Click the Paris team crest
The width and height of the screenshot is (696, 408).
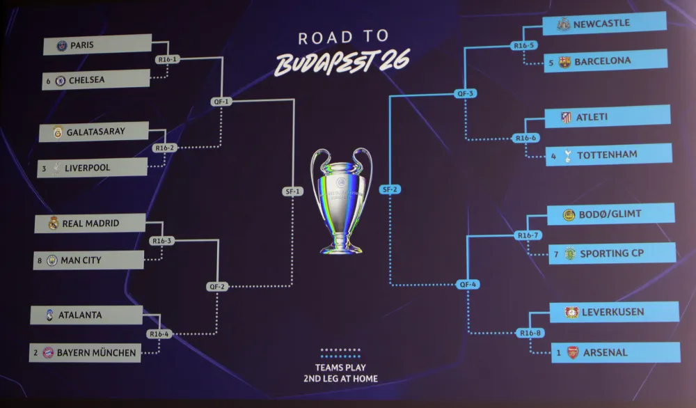[x=62, y=46]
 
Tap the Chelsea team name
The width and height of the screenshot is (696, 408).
[x=87, y=80]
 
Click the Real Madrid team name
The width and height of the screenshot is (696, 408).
[x=90, y=223]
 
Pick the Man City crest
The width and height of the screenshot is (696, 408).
[x=52, y=261]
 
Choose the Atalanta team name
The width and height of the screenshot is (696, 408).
[x=80, y=315]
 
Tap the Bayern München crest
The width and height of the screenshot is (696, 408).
[x=48, y=352]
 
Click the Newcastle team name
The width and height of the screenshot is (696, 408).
[x=601, y=24]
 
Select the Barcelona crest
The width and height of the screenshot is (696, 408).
[x=564, y=61]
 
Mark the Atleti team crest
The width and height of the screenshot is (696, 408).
[x=566, y=117]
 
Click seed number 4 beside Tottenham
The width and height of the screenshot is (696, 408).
[x=553, y=155]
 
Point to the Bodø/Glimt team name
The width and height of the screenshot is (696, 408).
[x=610, y=214]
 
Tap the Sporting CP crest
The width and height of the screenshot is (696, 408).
[x=570, y=253]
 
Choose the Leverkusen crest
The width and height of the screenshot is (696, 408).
[x=571, y=312]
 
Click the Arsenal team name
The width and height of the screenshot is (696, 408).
[x=605, y=352]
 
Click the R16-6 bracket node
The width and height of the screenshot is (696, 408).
[x=526, y=138]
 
